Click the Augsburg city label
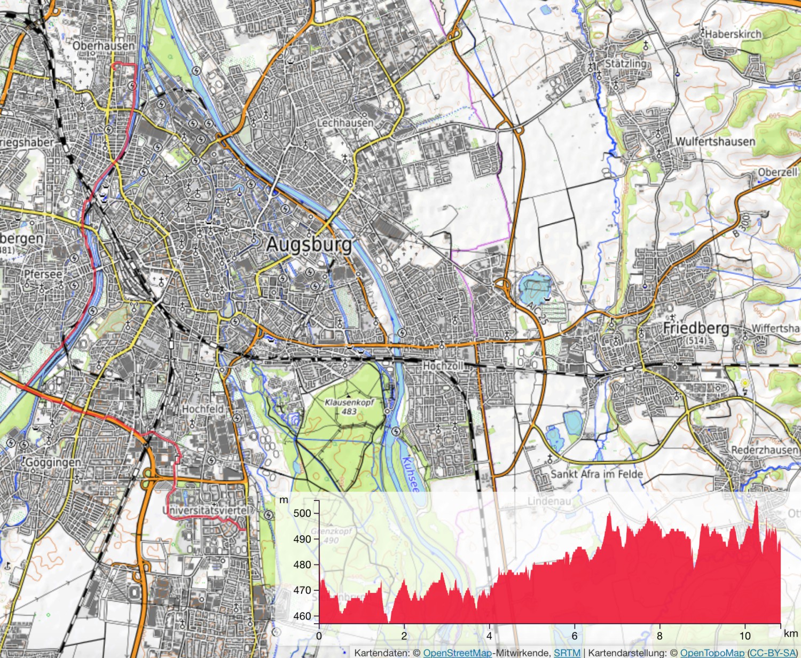coord(309,245)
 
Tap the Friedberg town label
coord(696,328)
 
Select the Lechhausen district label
coord(345,123)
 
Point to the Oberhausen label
coord(104,46)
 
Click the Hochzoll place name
coord(443,366)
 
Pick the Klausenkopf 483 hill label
coord(349,406)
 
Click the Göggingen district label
coord(53,462)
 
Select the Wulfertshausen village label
coord(715,142)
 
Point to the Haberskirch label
coord(734,34)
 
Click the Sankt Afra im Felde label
coord(596,474)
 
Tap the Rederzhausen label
coord(764,450)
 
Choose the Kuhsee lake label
coord(410,474)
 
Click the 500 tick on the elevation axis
coord(302,513)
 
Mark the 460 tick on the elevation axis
coord(302,616)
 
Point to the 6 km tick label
coord(575,636)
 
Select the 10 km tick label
coord(745,636)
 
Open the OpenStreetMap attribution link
coord(457,653)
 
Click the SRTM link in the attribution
coord(567,653)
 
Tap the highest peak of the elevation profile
coord(756,503)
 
